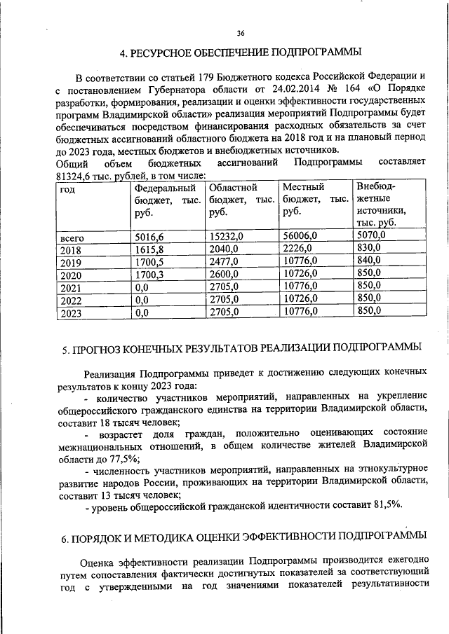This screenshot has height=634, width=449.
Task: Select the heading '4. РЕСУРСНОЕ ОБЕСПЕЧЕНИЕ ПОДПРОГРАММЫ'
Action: click(241, 53)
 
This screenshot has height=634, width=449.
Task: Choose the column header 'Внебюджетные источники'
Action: click(379, 204)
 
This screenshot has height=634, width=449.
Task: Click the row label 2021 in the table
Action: click(72, 287)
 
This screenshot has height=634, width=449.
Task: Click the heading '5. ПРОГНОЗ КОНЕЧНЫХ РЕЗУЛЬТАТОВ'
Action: click(241, 346)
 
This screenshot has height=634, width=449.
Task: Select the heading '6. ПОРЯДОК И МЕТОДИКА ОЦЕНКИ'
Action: click(241, 537)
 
